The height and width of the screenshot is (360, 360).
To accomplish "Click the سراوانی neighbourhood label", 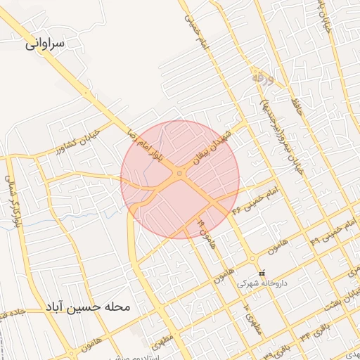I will [x=46, y=43].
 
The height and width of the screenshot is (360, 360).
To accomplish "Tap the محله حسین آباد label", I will [x=87, y=307].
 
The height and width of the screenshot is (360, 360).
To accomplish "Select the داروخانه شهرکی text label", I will [x=262, y=283].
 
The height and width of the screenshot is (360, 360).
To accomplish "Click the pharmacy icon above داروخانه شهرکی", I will [x=262, y=273].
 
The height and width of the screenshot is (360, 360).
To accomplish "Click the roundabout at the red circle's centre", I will [x=181, y=173].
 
